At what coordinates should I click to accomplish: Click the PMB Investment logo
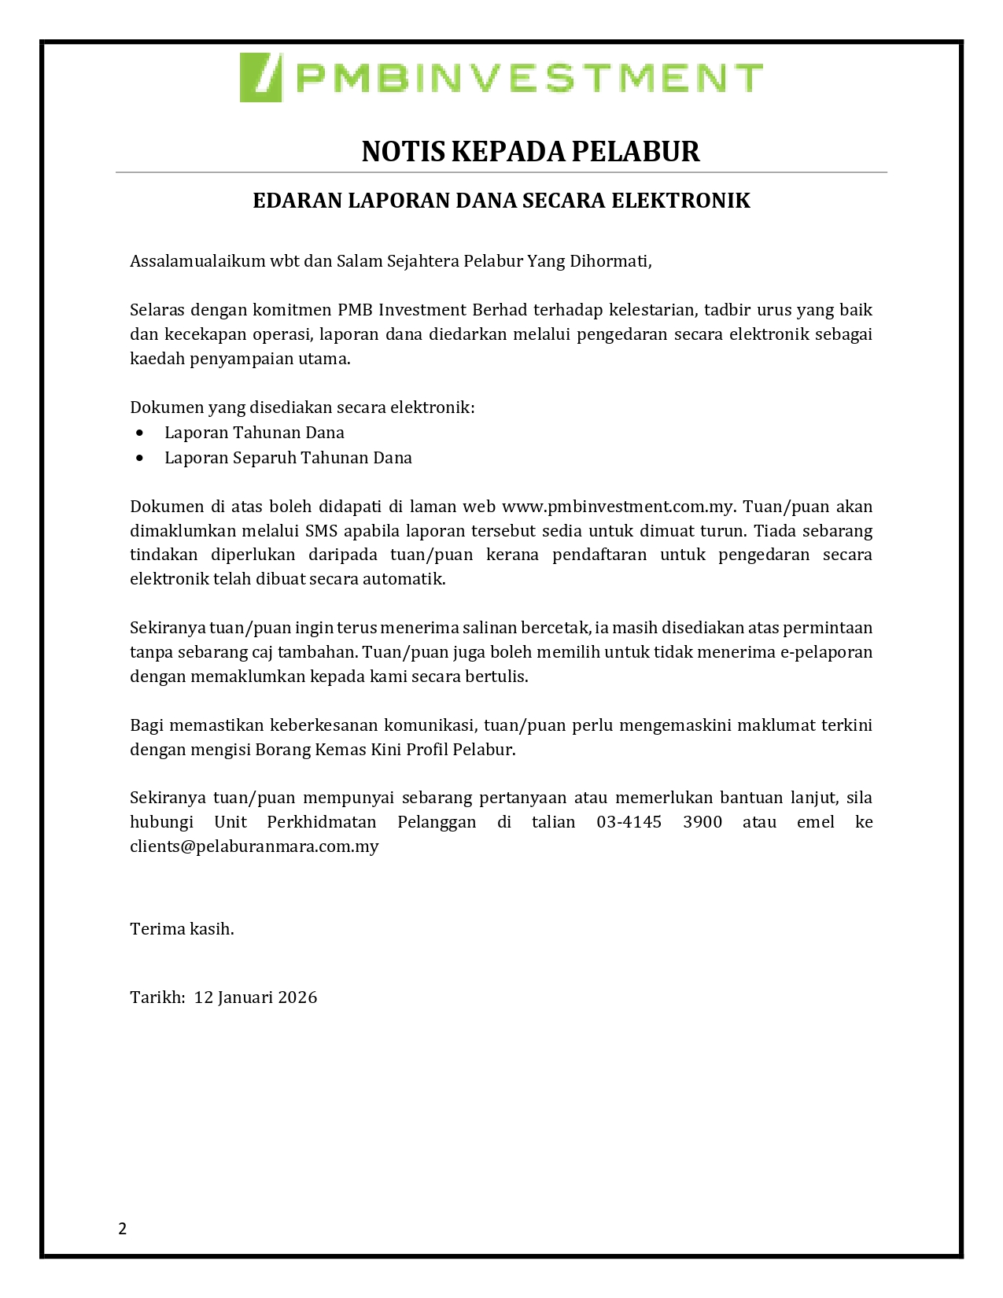(x=501, y=77)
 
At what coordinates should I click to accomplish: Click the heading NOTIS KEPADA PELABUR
(x=530, y=151)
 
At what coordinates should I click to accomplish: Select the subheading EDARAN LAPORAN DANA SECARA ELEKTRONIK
(x=501, y=201)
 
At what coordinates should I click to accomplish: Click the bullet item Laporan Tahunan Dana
(x=254, y=433)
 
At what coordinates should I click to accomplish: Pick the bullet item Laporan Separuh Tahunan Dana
(x=288, y=458)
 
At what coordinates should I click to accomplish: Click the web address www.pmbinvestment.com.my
(x=618, y=507)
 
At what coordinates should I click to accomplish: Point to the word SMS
(x=321, y=531)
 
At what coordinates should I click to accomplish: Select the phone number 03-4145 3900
(x=659, y=822)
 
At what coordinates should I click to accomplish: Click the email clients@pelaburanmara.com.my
(x=254, y=846)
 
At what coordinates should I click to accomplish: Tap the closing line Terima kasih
(x=182, y=929)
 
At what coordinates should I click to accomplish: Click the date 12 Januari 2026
(x=256, y=997)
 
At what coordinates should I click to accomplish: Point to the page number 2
(x=123, y=1229)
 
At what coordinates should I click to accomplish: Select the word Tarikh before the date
(x=155, y=997)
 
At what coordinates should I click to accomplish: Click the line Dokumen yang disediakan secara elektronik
(x=302, y=407)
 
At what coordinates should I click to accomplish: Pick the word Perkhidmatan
(x=322, y=822)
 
